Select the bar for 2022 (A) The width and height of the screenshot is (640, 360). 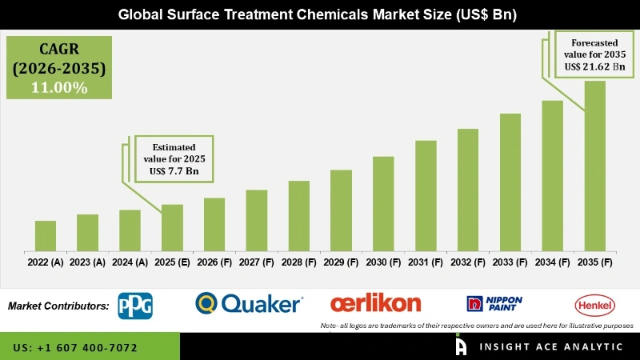pyautogui.click(x=46, y=235)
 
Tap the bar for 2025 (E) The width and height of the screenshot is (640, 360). pyautogui.click(x=172, y=227)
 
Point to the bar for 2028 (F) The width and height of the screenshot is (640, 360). pyautogui.click(x=298, y=215)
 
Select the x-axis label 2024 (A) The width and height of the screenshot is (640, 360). pyautogui.click(x=130, y=262)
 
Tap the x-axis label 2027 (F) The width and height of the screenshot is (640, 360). pyautogui.click(x=256, y=262)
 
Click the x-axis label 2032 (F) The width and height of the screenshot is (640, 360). pyautogui.click(x=468, y=262)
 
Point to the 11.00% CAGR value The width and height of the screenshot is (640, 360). pyautogui.click(x=59, y=87)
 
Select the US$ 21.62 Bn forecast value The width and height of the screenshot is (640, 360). pyautogui.click(x=594, y=67)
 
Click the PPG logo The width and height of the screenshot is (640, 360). pyautogui.click(x=135, y=305)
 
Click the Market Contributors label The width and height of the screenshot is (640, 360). pyautogui.click(x=58, y=306)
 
